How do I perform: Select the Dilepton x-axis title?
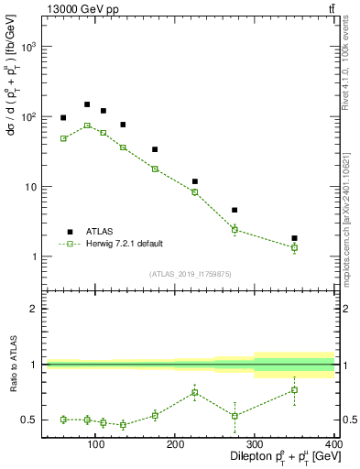(x=275, y=457)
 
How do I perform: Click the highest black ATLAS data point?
(x=87, y=104)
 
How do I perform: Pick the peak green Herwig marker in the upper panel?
(x=87, y=125)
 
